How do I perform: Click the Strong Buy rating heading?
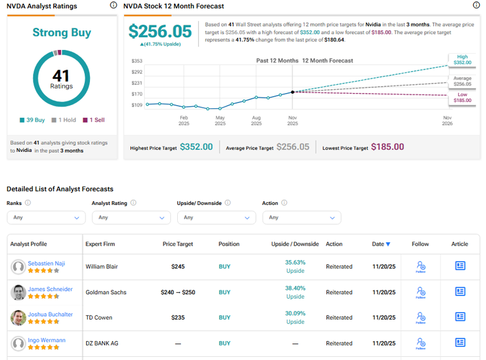point(61,32)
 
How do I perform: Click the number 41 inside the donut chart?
point(61,76)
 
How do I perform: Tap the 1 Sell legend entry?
point(94,120)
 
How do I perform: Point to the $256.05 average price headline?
point(159,32)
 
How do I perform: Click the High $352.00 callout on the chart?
point(463,59)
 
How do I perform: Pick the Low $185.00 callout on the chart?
point(463,97)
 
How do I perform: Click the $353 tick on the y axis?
point(137,61)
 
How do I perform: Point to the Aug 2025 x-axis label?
point(256,121)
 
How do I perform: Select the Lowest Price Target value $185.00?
point(387,147)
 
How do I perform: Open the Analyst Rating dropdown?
point(131,217)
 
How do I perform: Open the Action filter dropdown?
point(301,217)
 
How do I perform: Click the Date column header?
point(381,244)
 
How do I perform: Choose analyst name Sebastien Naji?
point(46,263)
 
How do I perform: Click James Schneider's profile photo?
point(18,292)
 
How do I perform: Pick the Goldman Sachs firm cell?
point(106,292)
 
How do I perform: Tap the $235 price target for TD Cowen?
point(178,318)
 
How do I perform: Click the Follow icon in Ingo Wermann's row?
point(421,343)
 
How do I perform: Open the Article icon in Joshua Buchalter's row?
point(460,317)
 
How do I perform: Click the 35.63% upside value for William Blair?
point(295,262)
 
